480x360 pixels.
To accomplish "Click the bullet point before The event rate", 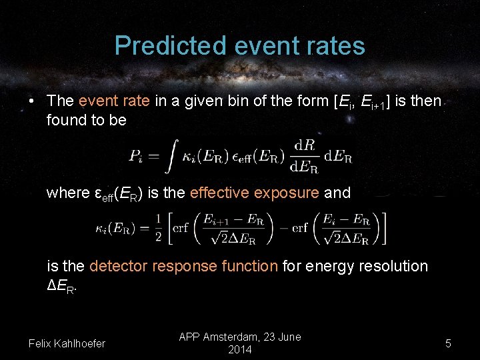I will coord(31,101).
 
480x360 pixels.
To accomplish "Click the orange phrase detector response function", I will coord(183,266).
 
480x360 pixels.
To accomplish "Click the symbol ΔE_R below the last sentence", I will coord(62,287).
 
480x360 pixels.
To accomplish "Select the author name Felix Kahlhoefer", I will coord(67,343).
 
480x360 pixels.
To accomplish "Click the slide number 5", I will coord(448,343).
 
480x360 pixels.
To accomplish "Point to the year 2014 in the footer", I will coord(240,349).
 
